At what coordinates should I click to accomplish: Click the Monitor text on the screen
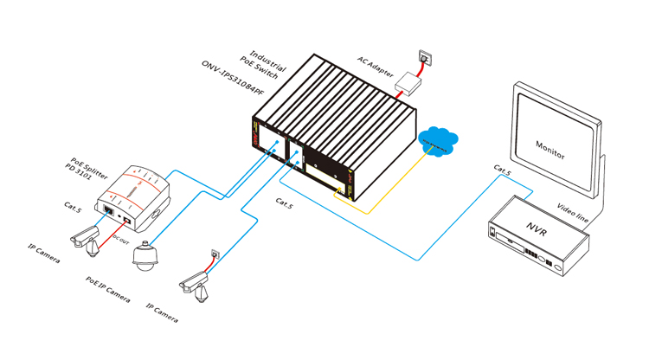[550, 150]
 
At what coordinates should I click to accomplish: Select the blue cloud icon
[438, 142]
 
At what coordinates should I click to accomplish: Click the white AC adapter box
[408, 84]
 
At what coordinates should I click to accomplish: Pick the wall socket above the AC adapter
[425, 58]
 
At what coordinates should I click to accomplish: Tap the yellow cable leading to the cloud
[381, 204]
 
